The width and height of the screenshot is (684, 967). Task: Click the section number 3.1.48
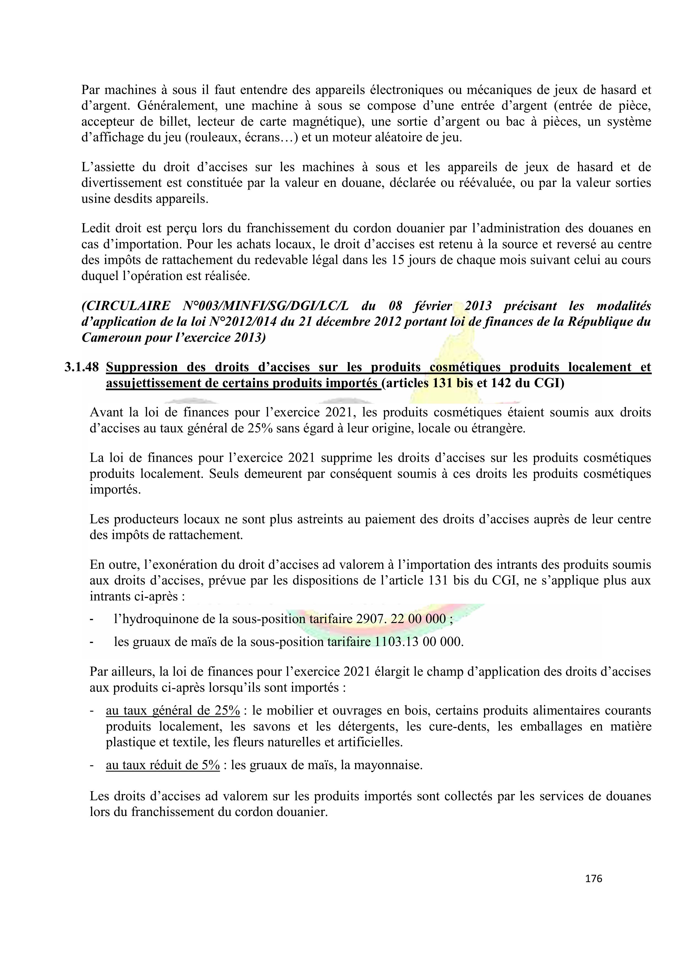point(81,367)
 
